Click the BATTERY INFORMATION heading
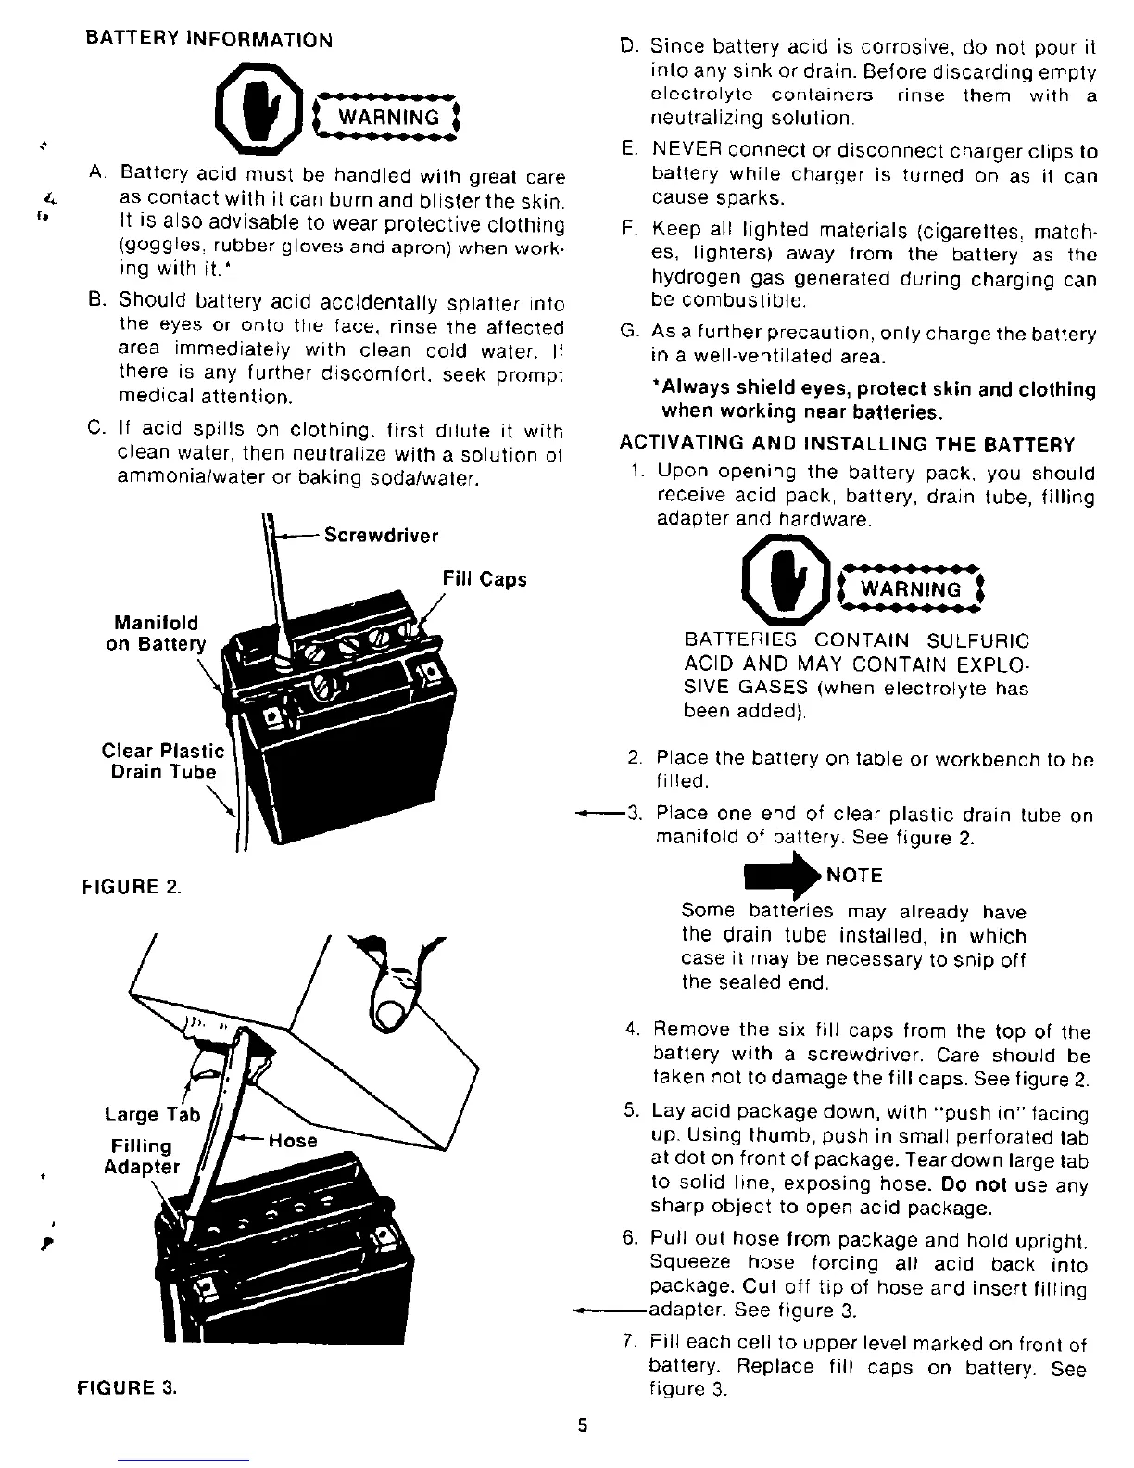click(208, 40)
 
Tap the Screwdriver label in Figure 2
click(381, 536)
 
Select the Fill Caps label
click(485, 579)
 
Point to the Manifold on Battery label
click(156, 634)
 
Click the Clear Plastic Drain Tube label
click(162, 762)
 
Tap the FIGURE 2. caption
click(132, 886)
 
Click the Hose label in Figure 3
click(292, 1141)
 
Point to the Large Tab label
click(153, 1115)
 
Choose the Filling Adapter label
click(142, 1157)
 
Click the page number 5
click(583, 1426)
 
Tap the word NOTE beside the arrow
click(854, 876)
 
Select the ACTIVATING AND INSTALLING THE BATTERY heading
click(847, 445)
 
